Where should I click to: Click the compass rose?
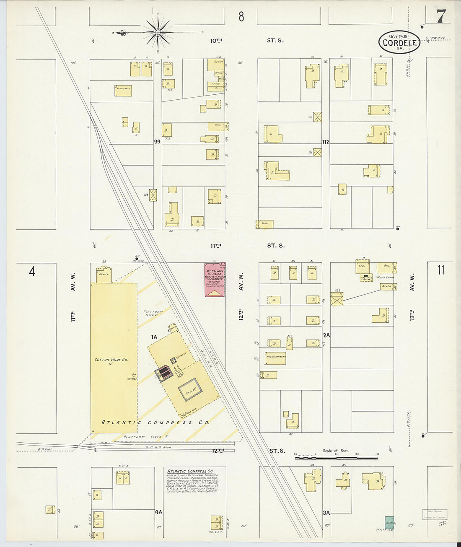click(158, 32)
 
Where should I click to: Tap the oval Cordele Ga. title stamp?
click(399, 42)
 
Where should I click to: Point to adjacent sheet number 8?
click(241, 16)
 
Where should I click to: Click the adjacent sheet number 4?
click(32, 271)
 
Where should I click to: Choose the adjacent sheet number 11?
click(440, 270)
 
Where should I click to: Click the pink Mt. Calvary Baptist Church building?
click(215, 280)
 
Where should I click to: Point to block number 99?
click(157, 142)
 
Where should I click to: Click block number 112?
click(326, 142)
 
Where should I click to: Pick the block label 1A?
click(154, 337)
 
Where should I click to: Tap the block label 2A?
click(326, 335)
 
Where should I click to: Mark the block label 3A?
click(326, 513)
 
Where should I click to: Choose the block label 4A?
click(158, 512)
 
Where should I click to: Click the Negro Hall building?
click(123, 91)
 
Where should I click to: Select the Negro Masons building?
click(275, 358)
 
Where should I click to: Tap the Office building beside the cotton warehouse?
click(104, 274)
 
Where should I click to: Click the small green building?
click(389, 522)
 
